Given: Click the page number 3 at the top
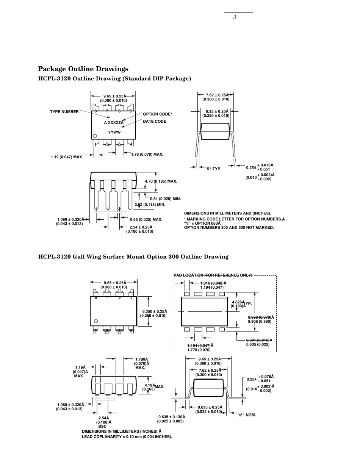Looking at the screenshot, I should click(235, 17).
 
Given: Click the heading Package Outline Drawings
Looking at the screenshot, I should click(83, 69).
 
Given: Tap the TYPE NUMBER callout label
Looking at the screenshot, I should click(64, 112).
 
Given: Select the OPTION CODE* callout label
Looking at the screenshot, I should click(157, 114).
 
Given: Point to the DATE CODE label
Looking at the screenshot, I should click(155, 122).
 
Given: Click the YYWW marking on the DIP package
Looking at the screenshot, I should click(114, 132).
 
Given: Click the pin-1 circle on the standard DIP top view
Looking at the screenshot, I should click(95, 136).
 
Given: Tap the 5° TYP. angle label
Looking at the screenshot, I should click(214, 169).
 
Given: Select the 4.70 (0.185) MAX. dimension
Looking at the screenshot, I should click(161, 181).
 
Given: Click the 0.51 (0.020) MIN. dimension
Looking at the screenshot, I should click(166, 199).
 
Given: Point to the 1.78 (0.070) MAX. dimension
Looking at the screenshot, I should click(147, 155).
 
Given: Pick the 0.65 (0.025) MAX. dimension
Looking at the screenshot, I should click(146, 219).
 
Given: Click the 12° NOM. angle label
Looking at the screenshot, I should click(247, 415).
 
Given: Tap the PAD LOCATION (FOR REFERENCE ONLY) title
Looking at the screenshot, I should click(213, 275).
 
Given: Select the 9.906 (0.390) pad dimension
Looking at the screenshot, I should click(260, 322).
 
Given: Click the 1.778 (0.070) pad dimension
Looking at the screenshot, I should click(199, 350).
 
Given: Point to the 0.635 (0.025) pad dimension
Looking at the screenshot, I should click(258, 344).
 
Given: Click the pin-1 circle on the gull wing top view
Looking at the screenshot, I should click(95, 321).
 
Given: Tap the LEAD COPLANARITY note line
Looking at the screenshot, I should click(127, 437).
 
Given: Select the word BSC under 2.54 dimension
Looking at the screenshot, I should click(102, 426).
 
